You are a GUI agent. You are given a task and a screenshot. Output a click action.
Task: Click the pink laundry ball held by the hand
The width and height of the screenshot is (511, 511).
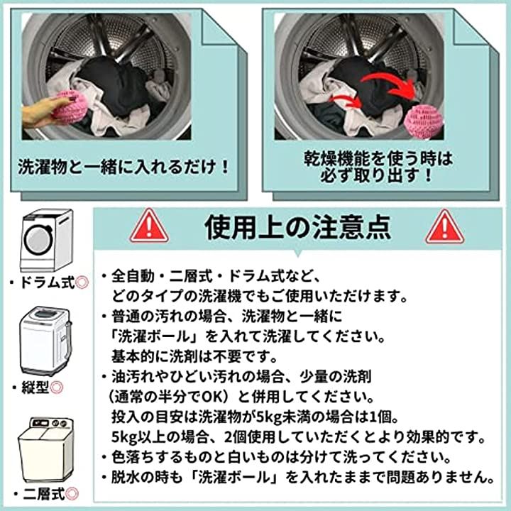click(69, 107)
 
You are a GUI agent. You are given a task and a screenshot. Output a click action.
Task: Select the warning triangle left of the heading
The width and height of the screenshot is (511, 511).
click(149, 226)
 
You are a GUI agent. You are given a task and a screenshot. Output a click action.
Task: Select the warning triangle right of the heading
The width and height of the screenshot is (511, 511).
click(444, 227)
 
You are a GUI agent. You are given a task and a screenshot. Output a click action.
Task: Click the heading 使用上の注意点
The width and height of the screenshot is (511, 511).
click(297, 227)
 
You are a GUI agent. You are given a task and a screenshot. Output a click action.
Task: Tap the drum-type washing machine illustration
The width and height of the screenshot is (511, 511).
click(46, 240)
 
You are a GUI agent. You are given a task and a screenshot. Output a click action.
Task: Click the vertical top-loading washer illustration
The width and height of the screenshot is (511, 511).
click(45, 341)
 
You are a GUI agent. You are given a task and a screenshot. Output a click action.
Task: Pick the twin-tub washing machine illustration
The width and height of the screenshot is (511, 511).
click(46, 451)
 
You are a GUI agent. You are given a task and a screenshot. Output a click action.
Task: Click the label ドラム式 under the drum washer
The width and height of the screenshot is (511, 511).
click(48, 282)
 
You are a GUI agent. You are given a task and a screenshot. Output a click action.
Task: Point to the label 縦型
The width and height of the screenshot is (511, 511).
click(35, 388)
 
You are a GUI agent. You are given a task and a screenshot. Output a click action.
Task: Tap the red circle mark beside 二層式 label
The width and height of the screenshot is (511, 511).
click(72, 494)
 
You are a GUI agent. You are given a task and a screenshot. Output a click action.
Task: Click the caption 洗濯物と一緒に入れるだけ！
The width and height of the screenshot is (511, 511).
click(123, 167)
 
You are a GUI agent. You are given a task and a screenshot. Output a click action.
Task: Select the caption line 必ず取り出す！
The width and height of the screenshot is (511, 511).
click(376, 176)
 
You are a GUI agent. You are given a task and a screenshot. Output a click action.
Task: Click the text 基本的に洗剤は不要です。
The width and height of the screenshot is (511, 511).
click(194, 356)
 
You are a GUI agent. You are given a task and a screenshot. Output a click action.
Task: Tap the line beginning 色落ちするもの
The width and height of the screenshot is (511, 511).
click(277, 457)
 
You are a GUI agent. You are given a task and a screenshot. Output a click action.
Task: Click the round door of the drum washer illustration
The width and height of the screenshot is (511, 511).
click(38, 240)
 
